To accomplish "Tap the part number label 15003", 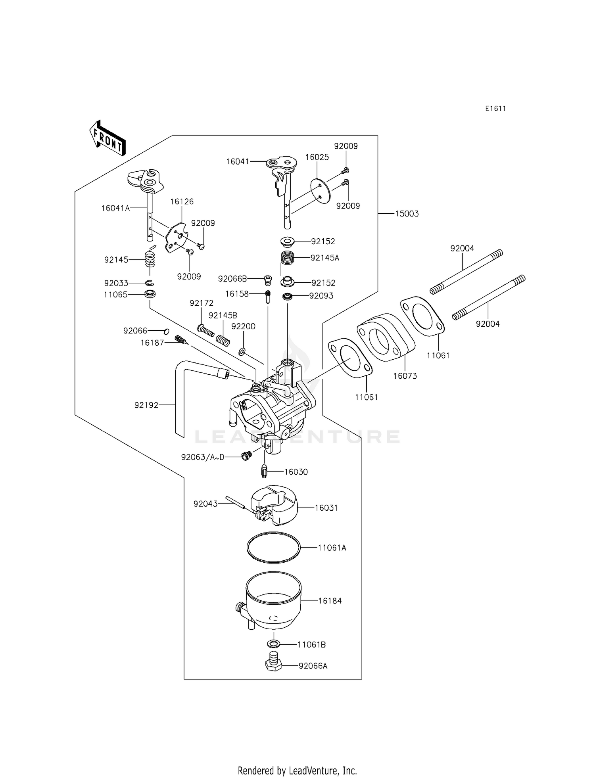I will point(407,214).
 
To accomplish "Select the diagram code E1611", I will point(495,109).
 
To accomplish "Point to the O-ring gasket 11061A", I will point(273,547).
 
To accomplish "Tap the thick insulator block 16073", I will point(386,337).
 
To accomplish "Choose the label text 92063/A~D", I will point(203,457).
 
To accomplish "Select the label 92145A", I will point(325,258).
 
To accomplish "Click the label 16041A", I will point(115,208).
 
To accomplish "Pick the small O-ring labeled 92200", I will point(242,351).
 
